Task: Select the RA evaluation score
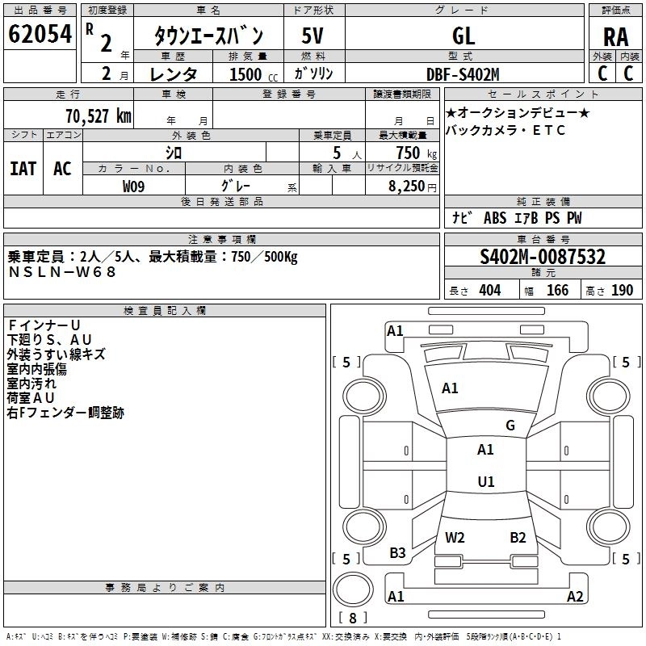(x=615, y=36)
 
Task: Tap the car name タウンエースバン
(x=209, y=36)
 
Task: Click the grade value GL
(x=464, y=36)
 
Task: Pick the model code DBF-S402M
(x=463, y=74)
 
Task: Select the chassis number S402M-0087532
(x=542, y=257)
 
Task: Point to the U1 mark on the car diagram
(x=485, y=481)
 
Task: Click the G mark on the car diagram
(x=510, y=426)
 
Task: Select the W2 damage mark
(x=455, y=537)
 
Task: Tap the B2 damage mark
(x=518, y=537)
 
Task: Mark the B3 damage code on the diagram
(x=397, y=553)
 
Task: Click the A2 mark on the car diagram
(x=575, y=597)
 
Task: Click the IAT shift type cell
(x=23, y=169)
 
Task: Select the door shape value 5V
(x=313, y=36)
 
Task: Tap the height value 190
(x=622, y=291)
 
